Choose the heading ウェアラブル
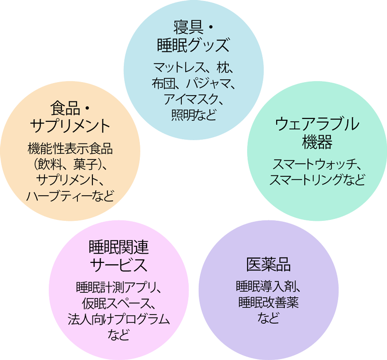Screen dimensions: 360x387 [x=317, y=124]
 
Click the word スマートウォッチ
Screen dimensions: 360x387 [x=313, y=164]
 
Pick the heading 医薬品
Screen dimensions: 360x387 [x=268, y=265]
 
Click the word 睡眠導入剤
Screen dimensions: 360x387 [x=265, y=287]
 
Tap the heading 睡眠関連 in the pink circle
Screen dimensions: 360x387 [x=119, y=247]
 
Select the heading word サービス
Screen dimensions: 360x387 [x=119, y=266]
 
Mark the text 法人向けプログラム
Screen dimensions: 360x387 [x=119, y=319]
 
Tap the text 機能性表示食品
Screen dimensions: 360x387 [x=71, y=148]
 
